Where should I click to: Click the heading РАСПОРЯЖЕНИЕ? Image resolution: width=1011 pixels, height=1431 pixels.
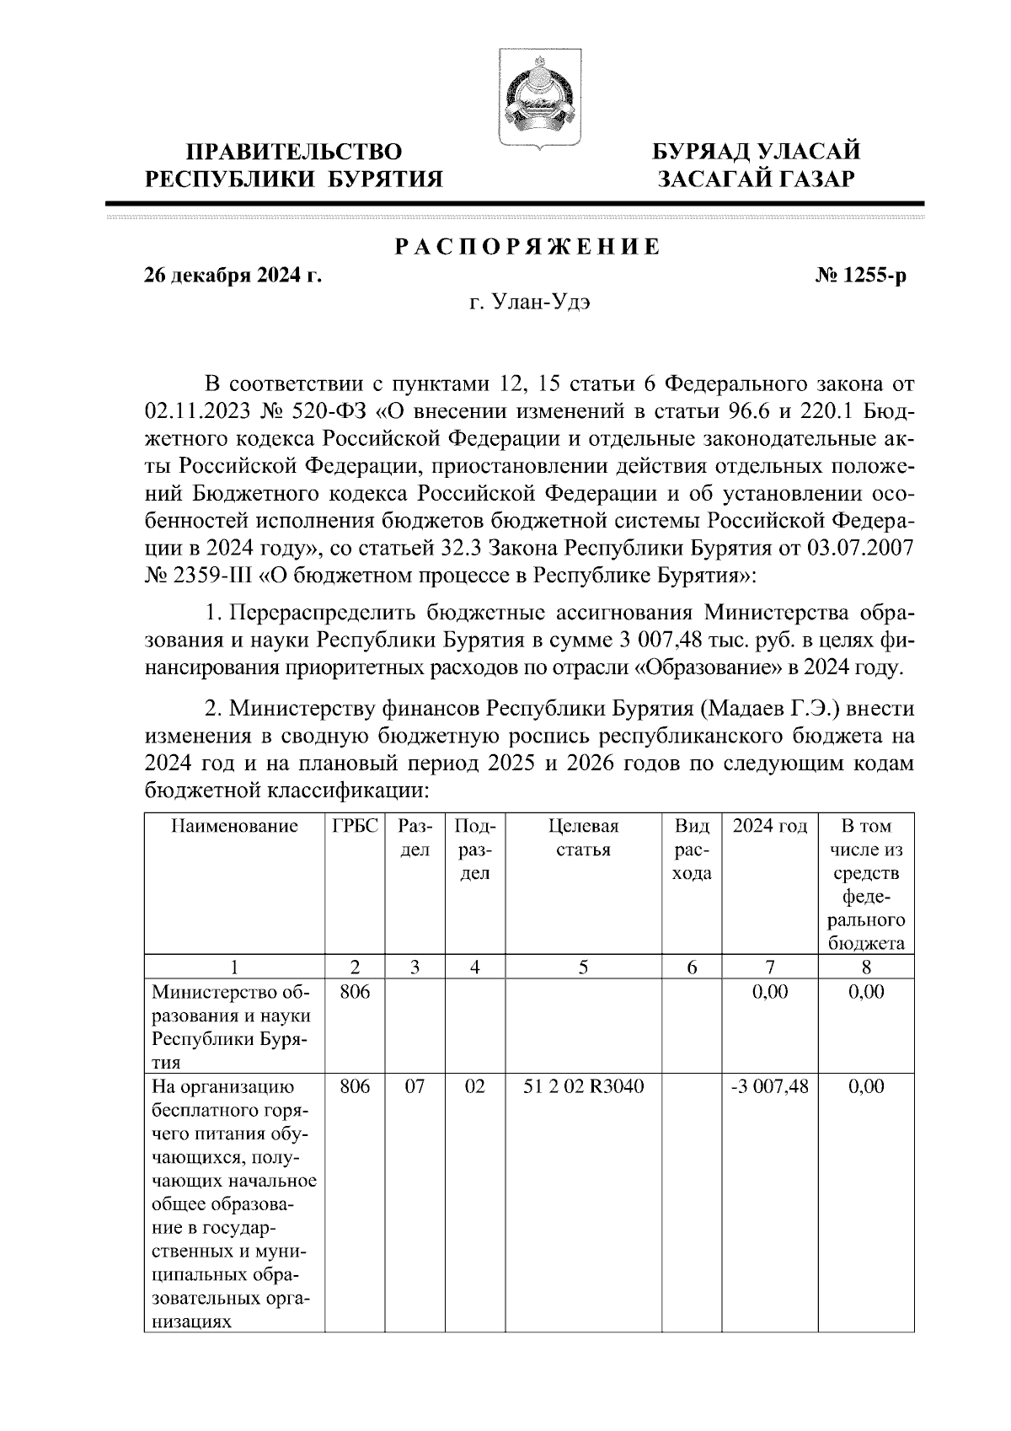[x=527, y=248]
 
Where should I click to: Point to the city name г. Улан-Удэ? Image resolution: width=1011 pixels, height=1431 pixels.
[x=529, y=304]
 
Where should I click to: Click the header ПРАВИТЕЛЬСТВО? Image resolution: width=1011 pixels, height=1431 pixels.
[x=294, y=152]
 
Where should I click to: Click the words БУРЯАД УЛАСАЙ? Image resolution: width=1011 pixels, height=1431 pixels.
[x=757, y=152]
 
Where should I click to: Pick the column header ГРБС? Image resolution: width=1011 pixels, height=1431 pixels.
[x=355, y=826]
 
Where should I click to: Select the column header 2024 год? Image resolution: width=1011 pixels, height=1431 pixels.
[x=770, y=826]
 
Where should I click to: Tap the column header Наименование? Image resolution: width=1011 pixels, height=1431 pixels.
[x=235, y=826]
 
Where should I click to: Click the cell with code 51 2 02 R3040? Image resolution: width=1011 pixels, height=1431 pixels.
[x=583, y=1087]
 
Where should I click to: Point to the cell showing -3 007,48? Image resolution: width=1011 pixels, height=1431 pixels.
[x=770, y=1087]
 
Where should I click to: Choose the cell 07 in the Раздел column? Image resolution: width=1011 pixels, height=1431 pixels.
[x=415, y=1087]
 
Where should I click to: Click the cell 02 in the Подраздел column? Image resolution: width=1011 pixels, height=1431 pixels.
[x=475, y=1087]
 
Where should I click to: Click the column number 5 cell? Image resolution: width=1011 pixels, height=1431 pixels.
[x=583, y=967]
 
